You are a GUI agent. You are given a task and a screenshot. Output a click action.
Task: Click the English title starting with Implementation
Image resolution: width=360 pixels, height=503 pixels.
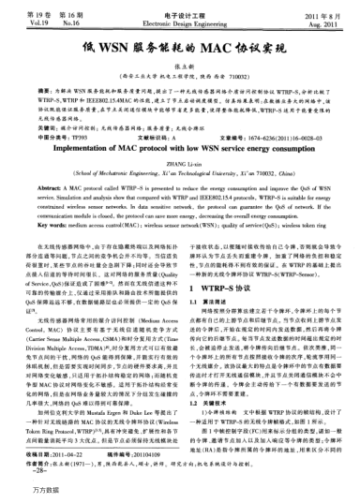[180, 147]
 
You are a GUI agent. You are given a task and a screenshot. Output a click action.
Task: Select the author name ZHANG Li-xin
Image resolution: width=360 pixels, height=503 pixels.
[179, 163]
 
